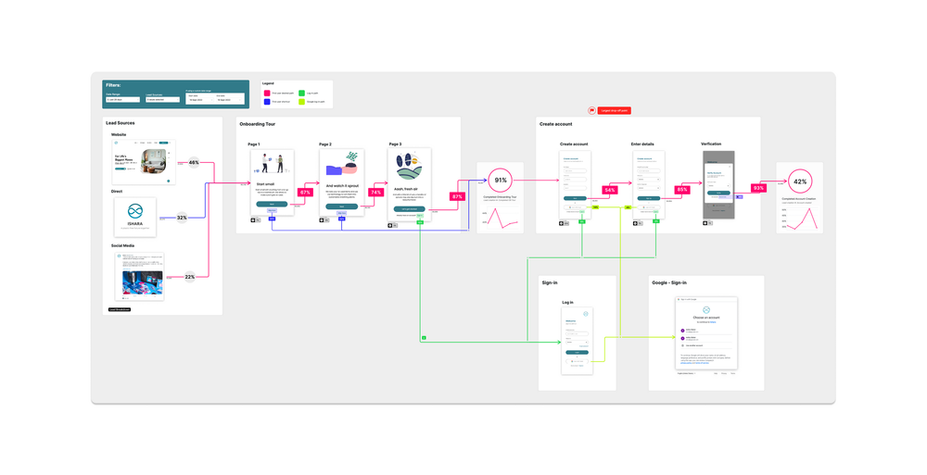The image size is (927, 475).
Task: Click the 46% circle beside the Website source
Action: coord(194,162)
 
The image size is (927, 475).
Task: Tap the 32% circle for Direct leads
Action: coord(182,218)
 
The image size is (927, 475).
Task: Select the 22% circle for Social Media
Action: coord(189,276)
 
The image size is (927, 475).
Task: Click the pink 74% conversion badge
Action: coord(376,193)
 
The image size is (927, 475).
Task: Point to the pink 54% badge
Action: coord(609,190)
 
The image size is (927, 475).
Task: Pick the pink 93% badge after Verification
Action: coord(758,188)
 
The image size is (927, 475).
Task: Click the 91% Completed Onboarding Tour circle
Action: coord(501,180)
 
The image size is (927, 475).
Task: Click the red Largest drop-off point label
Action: coord(614,110)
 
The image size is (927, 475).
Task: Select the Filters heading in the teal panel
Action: coord(113,85)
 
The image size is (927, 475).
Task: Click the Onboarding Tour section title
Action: coord(258,123)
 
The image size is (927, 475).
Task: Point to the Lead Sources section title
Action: coord(121,123)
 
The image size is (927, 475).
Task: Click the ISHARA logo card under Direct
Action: coord(135,217)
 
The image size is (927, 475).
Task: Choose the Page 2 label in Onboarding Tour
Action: coord(325,144)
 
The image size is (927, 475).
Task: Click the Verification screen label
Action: coord(711,144)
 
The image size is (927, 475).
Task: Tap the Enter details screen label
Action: coord(642,144)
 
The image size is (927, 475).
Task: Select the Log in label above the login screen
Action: coord(567,302)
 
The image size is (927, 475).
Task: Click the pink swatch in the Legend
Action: coord(266,93)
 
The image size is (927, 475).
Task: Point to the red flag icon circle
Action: coord(591,110)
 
